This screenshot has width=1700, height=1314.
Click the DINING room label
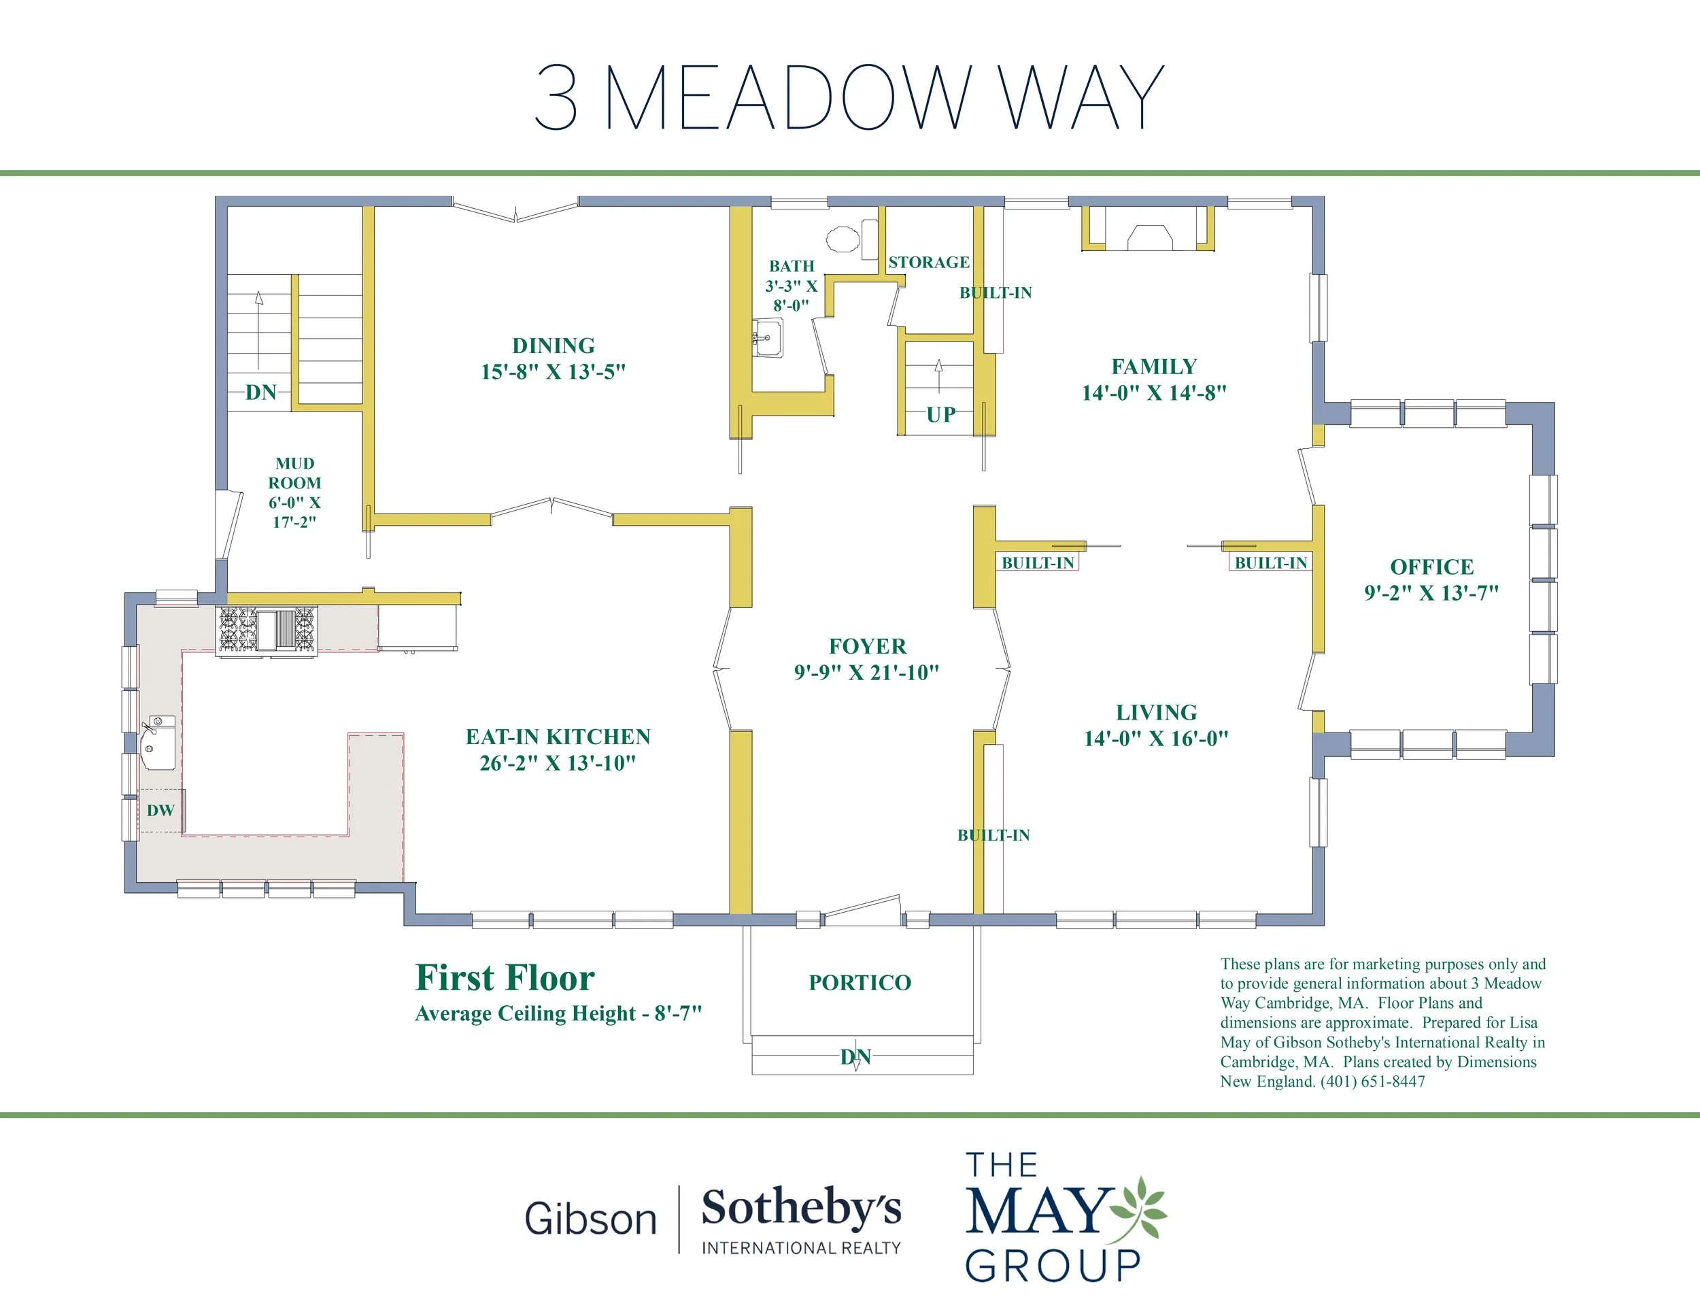[554, 346]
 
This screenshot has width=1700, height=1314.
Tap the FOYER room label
[867, 646]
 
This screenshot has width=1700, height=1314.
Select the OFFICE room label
[1431, 567]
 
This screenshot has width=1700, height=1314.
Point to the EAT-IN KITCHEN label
[558, 737]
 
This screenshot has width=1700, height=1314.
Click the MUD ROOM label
[294, 473]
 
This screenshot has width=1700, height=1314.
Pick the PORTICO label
[860, 982]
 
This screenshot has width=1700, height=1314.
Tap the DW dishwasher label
[160, 810]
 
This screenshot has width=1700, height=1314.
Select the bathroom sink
[768, 338]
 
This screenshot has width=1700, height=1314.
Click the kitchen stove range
[267, 629]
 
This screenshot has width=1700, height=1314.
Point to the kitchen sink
[158, 743]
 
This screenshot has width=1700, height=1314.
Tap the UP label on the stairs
[940, 415]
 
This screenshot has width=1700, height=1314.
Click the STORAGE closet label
[929, 263]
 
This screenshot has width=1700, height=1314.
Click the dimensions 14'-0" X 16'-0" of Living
[1156, 739]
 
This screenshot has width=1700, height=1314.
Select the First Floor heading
[505, 978]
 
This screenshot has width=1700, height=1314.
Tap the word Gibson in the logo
[591, 1219]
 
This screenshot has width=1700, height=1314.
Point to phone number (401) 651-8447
[1373, 1081]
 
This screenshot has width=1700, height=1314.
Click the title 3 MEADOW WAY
[849, 97]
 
